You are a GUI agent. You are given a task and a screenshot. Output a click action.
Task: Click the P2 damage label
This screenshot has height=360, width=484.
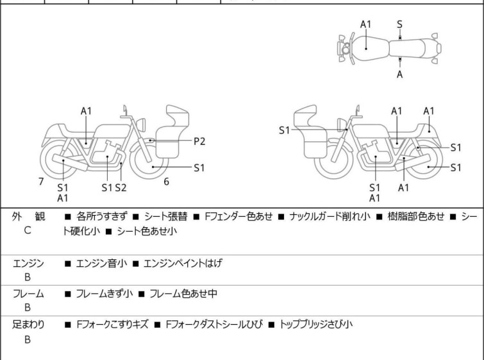pos(200,141)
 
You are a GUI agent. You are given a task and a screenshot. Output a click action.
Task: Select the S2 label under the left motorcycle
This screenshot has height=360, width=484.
pos(121,187)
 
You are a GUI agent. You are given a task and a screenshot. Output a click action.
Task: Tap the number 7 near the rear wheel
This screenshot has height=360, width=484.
pos(41,182)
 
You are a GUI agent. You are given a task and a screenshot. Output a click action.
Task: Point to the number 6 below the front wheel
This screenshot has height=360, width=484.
pos(166,182)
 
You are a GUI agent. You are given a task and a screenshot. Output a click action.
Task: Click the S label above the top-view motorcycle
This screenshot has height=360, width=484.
pos(399,24)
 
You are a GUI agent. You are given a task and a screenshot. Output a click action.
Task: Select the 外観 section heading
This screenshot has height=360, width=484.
pos(28,216)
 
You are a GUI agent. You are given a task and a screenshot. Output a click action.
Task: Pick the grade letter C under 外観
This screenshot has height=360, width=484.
pos(28,229)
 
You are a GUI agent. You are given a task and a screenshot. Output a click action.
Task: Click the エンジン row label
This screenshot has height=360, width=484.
pos(28,263)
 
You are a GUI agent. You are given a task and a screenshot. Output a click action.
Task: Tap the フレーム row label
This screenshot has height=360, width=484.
pos(28,294)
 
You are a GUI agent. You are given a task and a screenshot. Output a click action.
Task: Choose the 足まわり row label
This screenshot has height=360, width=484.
pos(28,325)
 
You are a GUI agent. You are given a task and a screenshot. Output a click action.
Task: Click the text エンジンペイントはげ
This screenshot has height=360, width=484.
pos(183,263)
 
